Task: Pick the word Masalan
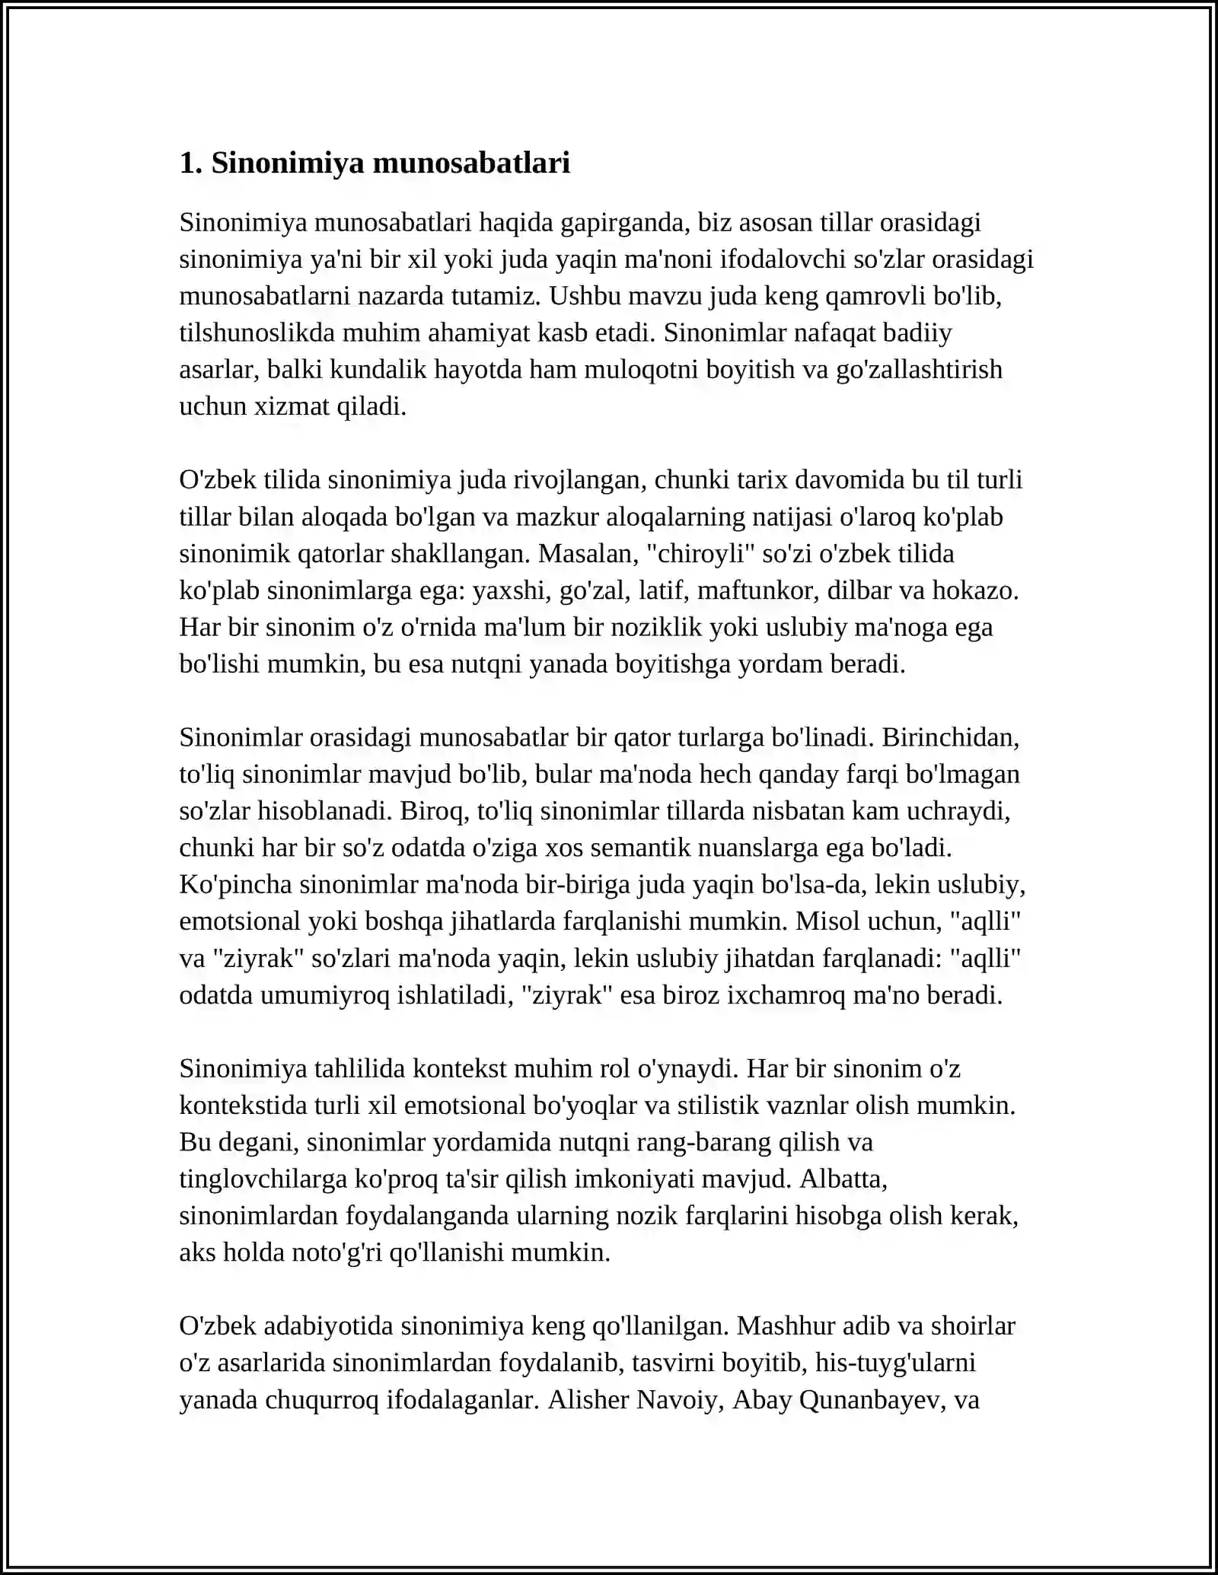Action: click(x=587, y=554)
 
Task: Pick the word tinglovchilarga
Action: click(x=263, y=1179)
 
